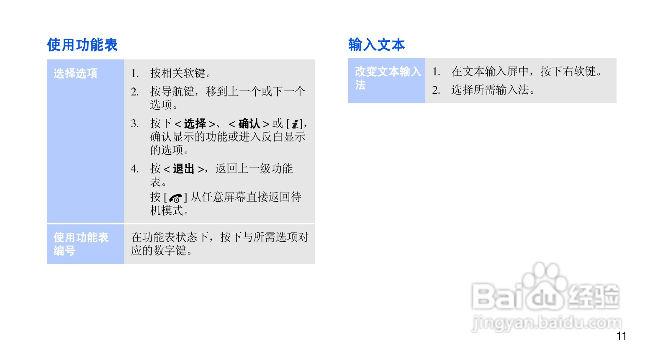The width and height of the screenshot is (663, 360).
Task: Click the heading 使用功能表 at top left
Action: tap(82, 45)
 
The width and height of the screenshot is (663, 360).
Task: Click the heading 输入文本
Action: tap(376, 44)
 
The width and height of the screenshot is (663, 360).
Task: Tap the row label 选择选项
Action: tap(75, 74)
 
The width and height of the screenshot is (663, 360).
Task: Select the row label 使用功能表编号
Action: tap(81, 244)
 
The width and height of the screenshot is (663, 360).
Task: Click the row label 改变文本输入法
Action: tap(387, 78)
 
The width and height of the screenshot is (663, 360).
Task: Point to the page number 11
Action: tap(621, 336)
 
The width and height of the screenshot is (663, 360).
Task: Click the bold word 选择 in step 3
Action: tap(195, 124)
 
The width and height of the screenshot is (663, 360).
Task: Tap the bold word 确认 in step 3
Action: tap(249, 124)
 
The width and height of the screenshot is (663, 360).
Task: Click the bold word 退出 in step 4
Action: tap(184, 169)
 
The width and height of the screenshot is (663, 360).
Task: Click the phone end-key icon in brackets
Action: tap(176, 198)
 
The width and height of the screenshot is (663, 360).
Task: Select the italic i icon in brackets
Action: tap(295, 124)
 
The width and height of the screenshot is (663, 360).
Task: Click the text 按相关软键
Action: tap(180, 74)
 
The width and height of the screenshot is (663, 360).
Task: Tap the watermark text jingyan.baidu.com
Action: tap(547, 323)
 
